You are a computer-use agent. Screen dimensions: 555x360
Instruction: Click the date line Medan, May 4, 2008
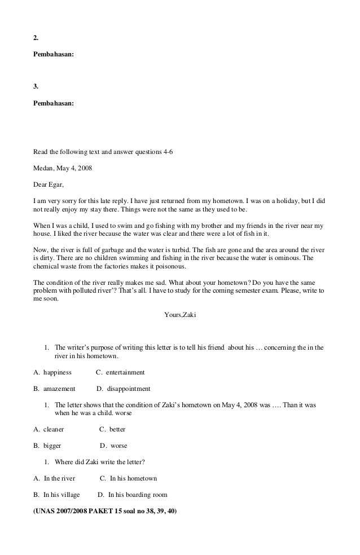[63, 168]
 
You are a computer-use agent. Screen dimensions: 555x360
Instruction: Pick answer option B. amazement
[54, 389]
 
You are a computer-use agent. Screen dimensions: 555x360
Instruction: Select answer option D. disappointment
[124, 389]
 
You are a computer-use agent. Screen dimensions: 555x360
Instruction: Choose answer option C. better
[112, 429]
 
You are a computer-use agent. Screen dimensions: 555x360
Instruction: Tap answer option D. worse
[113, 446]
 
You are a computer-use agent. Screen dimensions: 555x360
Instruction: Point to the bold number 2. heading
[36, 38]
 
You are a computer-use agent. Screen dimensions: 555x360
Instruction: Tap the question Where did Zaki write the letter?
[100, 462]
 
